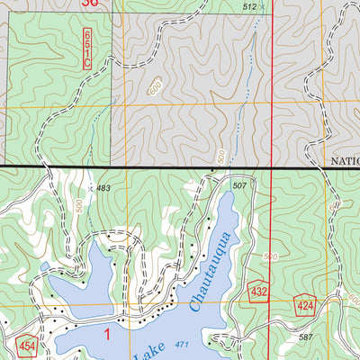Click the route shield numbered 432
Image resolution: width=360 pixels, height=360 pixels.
[x=260, y=292]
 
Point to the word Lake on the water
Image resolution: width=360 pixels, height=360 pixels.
[x=144, y=354]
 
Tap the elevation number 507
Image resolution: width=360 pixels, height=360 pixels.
[x=238, y=185]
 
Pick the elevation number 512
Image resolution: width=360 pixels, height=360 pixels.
[x=250, y=6]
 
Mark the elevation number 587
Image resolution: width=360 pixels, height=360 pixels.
[x=305, y=337]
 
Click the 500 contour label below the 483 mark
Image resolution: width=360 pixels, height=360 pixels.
[x=81, y=206]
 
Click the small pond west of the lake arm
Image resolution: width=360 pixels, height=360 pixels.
[x=45, y=266]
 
